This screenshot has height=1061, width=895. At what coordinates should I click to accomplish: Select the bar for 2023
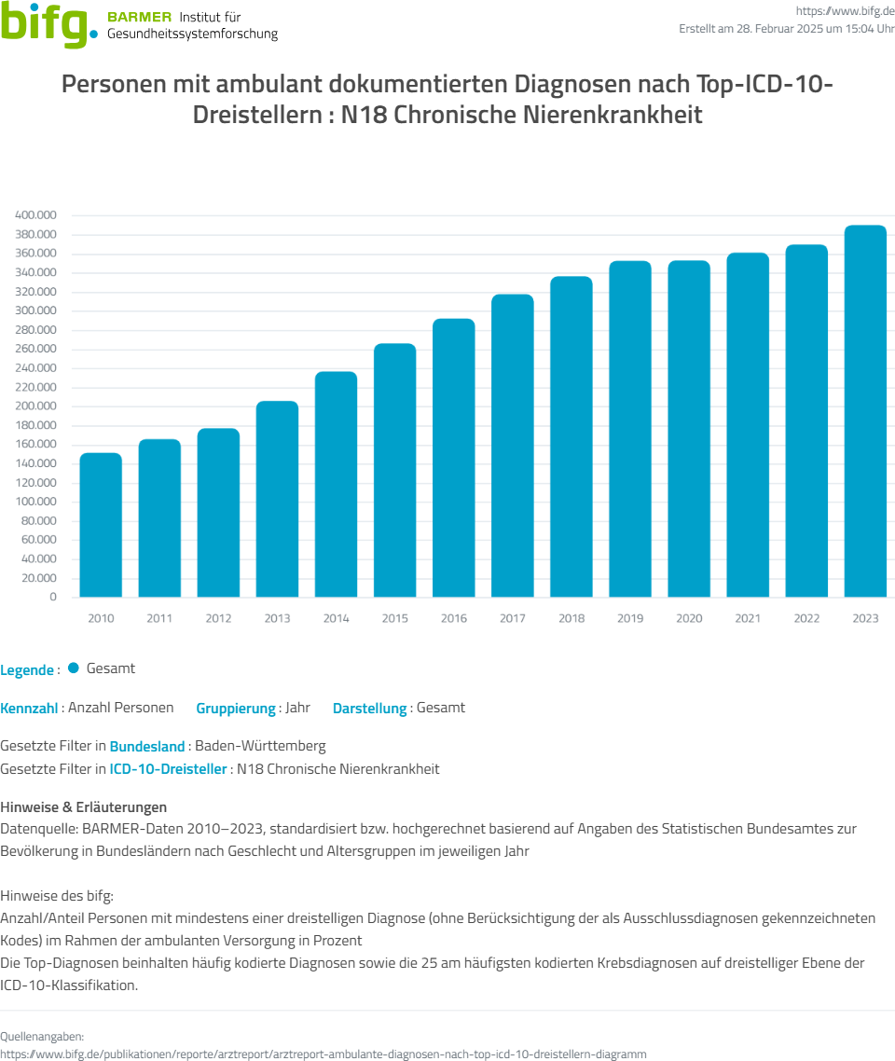(x=865, y=411)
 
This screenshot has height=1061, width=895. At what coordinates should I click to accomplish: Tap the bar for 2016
(x=454, y=458)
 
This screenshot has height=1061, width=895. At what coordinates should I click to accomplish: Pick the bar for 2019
(x=630, y=429)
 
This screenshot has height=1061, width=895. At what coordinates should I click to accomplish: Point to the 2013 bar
(x=277, y=499)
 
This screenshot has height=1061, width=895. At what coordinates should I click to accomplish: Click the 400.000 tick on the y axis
(x=36, y=215)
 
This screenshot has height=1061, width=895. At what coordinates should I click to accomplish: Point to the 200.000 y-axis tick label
(x=36, y=406)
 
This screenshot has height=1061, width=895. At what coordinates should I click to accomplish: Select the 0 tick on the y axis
(x=53, y=597)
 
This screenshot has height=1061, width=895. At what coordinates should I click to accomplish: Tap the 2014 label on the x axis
(x=336, y=618)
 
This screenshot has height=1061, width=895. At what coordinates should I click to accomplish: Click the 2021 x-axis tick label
(x=748, y=618)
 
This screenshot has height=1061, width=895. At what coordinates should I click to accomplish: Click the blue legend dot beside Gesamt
(x=74, y=668)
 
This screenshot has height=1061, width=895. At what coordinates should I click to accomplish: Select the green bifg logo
(x=48, y=25)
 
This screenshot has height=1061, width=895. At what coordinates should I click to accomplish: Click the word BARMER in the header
(x=140, y=18)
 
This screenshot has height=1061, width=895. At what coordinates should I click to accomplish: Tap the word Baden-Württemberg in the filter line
(x=260, y=746)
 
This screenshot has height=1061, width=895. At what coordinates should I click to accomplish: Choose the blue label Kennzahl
(x=29, y=708)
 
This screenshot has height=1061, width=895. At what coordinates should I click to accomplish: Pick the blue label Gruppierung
(x=236, y=708)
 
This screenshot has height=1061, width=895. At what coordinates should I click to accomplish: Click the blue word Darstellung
(x=369, y=708)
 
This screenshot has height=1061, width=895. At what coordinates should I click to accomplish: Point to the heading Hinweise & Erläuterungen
(x=84, y=806)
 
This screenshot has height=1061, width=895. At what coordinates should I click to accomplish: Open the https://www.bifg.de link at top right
(x=846, y=10)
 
